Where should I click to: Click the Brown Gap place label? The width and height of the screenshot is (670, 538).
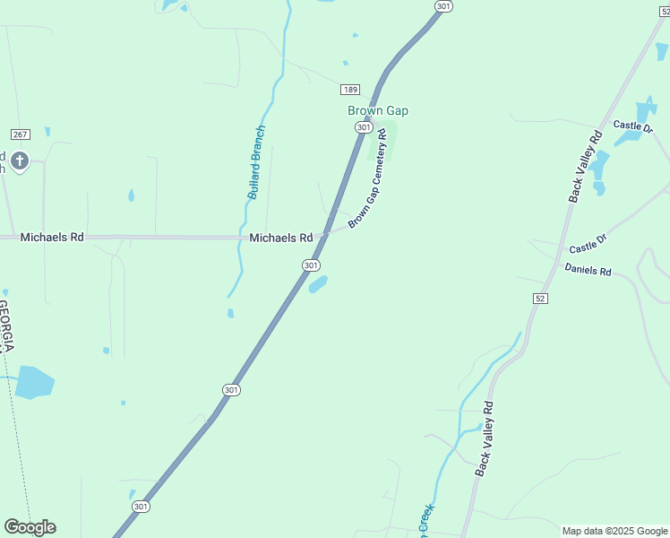pos(377,110)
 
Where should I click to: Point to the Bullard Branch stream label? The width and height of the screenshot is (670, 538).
pos(256,162)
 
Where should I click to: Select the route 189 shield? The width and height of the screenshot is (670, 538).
pos(350,89)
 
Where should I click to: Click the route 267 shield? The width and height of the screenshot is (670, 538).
pos(20,134)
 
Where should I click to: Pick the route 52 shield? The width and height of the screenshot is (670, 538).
pos(538,298)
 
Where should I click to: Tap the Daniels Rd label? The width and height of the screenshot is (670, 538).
pos(588,270)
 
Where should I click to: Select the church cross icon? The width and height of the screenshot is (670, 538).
pos(20,161)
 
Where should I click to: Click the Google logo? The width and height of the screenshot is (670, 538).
pos(30,527)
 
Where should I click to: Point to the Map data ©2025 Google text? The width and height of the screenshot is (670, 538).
pos(615,531)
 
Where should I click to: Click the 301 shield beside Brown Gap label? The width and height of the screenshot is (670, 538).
pos(363,127)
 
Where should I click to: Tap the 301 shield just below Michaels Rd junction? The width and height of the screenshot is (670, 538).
pos(310,265)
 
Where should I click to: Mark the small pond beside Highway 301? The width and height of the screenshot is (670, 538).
pos(318,285)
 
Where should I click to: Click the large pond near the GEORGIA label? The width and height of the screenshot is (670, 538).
pos(34,382)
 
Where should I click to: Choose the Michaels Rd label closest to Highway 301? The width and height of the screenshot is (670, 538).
pos(280,238)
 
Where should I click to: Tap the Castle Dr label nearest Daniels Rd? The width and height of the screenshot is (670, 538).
pos(588,242)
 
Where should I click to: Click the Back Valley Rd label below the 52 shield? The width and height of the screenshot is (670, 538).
pos(485,438)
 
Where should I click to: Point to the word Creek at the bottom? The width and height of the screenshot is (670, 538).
pos(425,522)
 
